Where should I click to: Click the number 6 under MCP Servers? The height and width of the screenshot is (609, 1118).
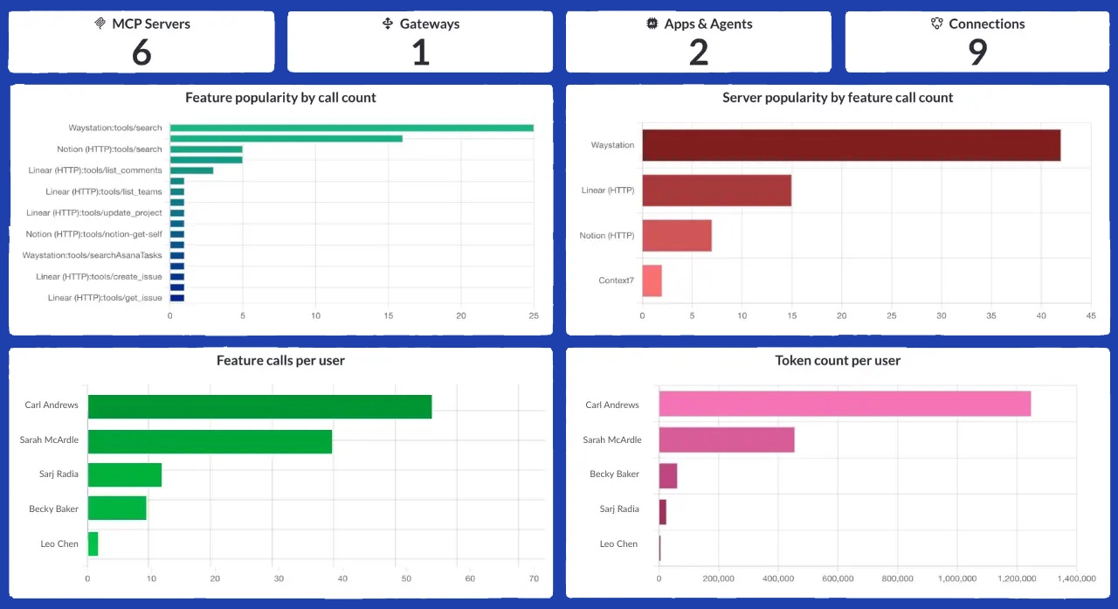click(141, 52)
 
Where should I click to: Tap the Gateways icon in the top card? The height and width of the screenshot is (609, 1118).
click(388, 24)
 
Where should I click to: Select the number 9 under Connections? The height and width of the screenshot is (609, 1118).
click(977, 52)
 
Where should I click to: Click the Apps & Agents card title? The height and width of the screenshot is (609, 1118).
click(707, 24)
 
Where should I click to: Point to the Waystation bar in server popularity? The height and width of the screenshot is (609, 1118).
click(851, 145)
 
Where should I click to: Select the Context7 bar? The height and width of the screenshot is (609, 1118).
click(652, 280)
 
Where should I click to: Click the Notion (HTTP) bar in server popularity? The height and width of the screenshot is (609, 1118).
click(677, 235)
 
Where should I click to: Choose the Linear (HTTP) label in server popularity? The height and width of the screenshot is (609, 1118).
click(608, 190)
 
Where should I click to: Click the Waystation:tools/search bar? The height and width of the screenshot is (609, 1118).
click(351, 128)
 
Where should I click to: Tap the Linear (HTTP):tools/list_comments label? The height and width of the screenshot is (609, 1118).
click(94, 170)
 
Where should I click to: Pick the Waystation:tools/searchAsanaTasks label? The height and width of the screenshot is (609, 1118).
click(92, 255)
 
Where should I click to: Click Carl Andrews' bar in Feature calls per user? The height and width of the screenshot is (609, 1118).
click(259, 406)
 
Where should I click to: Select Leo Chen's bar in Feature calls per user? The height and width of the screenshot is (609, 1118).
click(93, 543)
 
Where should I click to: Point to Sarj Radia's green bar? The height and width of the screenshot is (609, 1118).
click(124, 474)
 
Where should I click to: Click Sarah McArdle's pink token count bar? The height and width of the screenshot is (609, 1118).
click(726, 440)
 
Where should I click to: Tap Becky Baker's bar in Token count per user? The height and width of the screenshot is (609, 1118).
click(668, 475)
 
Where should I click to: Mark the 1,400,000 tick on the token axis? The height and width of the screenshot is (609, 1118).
click(1076, 578)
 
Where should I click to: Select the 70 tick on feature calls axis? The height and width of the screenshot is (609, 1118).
click(534, 578)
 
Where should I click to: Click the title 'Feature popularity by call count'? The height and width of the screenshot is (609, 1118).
click(280, 98)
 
